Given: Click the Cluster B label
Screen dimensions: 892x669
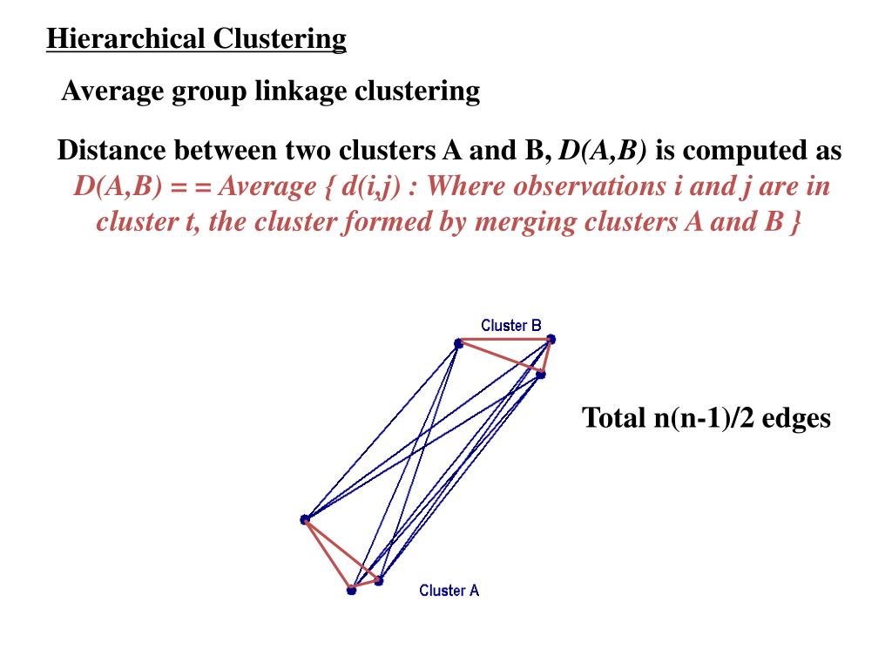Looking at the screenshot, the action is click(511, 326).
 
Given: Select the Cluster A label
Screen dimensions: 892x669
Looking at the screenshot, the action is click(449, 591).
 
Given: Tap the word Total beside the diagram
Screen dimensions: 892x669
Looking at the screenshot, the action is click(614, 418).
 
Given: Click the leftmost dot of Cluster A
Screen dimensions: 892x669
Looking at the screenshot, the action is click(305, 520).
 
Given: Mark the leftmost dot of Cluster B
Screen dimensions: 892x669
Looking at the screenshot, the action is click(458, 344).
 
